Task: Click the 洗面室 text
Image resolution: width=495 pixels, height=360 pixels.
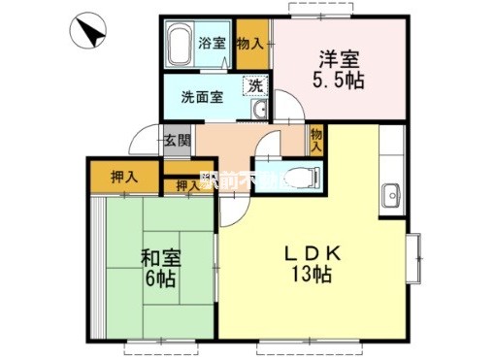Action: [203, 97]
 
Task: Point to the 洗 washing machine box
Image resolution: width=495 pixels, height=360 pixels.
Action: [254, 85]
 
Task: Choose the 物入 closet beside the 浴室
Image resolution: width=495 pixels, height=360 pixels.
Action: [249, 44]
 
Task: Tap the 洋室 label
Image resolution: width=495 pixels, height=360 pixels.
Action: [337, 56]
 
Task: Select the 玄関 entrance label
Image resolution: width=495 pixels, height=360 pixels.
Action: [177, 140]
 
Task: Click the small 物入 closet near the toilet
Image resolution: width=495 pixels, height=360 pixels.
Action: [317, 140]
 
